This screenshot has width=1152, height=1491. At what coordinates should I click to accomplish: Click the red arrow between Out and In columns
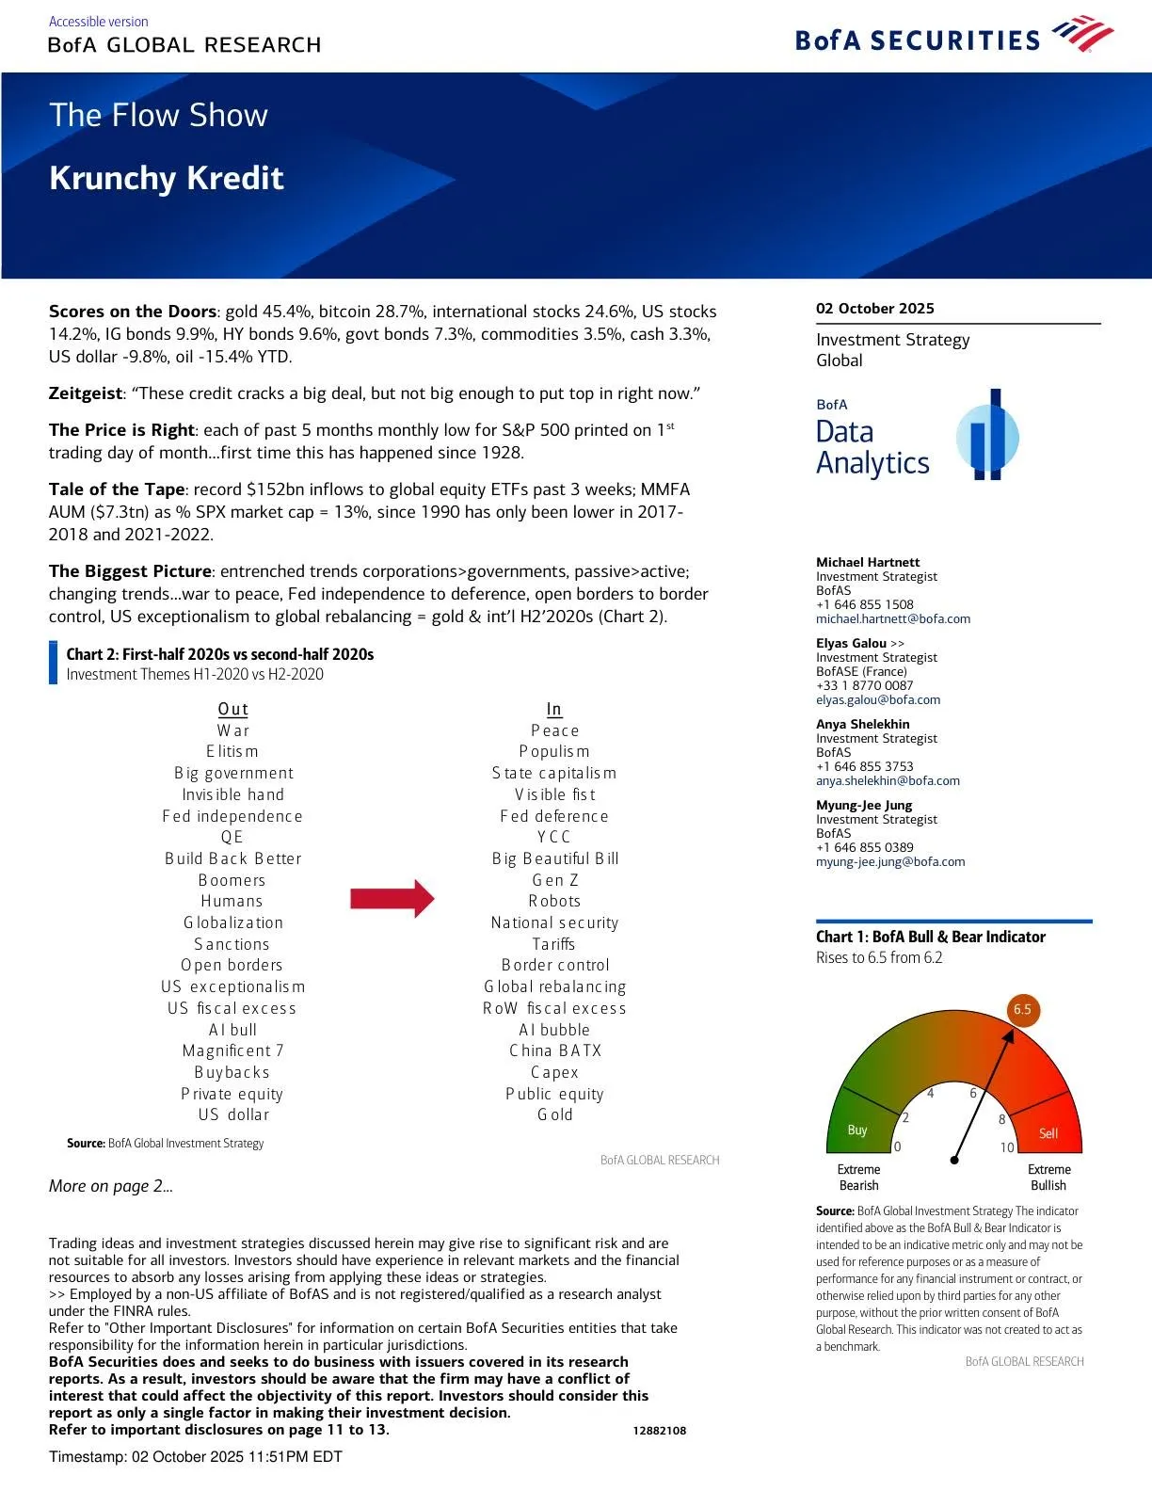point(392,899)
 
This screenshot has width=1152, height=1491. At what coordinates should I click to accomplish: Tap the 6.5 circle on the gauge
point(1022,1010)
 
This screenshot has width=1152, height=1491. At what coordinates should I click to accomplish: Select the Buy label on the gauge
point(856,1130)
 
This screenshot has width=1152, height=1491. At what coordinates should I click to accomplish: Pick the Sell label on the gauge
point(1048,1133)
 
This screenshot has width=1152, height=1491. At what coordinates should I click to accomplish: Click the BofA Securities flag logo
point(1082,34)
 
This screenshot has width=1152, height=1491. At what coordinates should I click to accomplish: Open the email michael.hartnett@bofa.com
point(892,619)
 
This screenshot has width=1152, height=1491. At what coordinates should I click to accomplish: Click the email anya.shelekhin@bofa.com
point(888,780)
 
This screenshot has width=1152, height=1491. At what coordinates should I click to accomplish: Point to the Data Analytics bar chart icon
point(987,435)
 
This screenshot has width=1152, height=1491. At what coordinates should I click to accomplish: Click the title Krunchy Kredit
point(167,178)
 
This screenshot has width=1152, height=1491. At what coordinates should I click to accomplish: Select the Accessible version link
point(98,21)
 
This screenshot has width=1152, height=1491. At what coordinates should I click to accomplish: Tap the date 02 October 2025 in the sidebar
point(874,309)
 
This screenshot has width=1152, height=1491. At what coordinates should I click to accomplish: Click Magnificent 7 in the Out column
point(232,1050)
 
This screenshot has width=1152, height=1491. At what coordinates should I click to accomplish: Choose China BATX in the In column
point(554,1050)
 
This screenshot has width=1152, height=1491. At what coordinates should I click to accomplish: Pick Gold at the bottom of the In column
point(554,1114)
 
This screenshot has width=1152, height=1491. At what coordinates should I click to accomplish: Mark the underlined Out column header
point(232,709)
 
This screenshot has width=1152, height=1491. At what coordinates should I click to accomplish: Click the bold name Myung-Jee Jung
point(863,805)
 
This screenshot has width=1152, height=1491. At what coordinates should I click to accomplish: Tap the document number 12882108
point(659,1431)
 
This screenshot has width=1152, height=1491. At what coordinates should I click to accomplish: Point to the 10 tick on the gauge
point(1007,1147)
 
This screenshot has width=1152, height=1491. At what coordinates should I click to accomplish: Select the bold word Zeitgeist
point(86,393)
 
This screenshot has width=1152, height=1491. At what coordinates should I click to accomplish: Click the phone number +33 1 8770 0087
point(864,685)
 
